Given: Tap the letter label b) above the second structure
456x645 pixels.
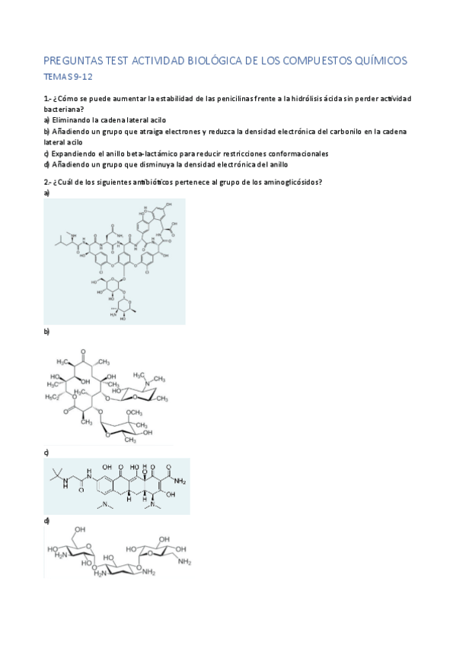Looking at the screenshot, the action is tap(46, 332).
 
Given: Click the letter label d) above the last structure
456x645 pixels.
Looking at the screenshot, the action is tap(46, 520).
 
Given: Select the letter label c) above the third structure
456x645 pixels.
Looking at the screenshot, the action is tap(46, 453).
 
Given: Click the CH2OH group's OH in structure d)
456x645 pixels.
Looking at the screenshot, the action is tap(79, 529).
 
